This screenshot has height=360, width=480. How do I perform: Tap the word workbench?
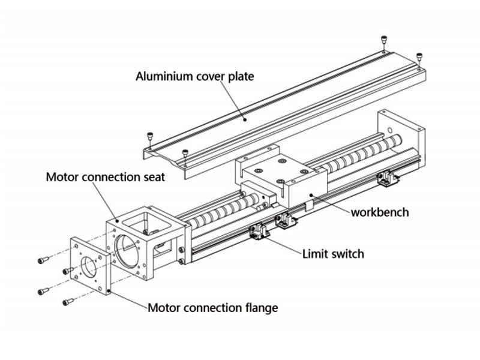pyautogui.click(x=380, y=212)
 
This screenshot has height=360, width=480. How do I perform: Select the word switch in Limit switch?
pyautogui.click(x=346, y=254)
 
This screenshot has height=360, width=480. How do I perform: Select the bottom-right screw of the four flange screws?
pyautogui.click(x=68, y=301)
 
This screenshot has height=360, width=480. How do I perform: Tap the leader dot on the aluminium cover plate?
pyautogui.click(x=244, y=119)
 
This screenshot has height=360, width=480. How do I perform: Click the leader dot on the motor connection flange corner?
pyautogui.click(x=108, y=292)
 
